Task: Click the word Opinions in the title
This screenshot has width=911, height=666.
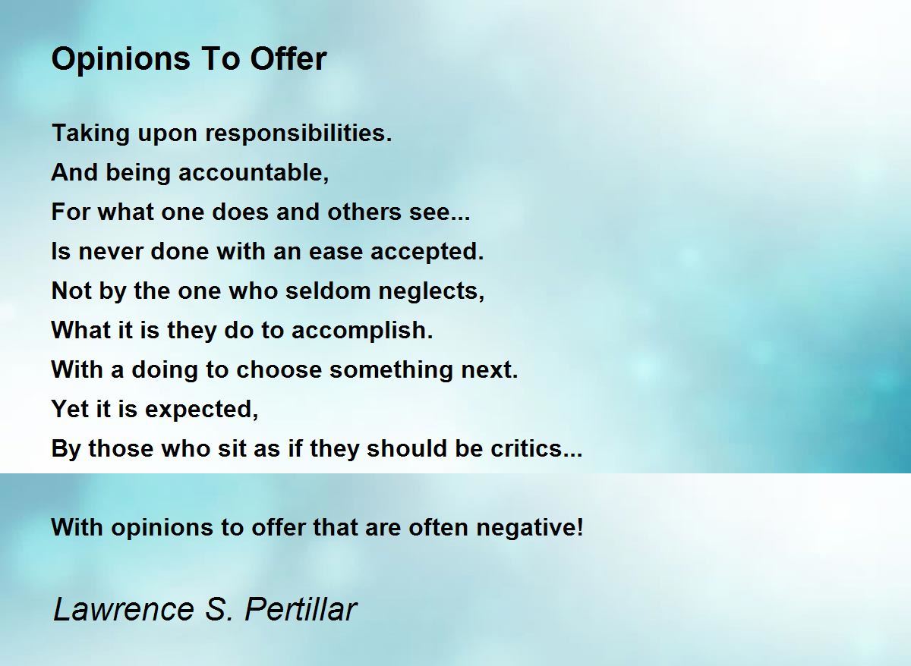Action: point(121,60)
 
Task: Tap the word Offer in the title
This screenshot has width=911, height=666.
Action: point(288,58)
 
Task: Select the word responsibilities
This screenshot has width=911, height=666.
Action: point(298,134)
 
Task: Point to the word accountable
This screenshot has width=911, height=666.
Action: point(254,172)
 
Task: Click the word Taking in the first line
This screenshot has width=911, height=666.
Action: point(90,134)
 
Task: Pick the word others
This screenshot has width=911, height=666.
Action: point(364,212)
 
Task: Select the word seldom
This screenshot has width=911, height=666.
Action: point(328,291)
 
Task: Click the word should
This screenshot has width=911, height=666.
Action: point(407,448)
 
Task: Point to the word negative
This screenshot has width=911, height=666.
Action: point(530,528)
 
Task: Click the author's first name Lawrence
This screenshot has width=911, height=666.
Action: point(124,608)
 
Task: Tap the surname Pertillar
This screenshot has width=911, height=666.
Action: point(301,608)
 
